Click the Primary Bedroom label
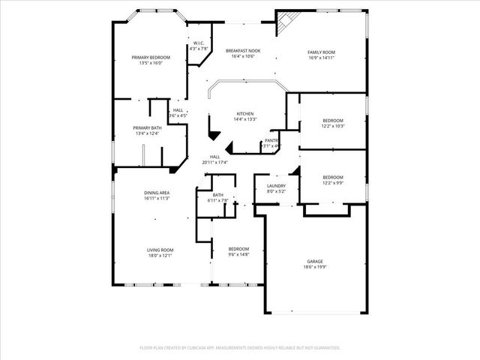[151, 58]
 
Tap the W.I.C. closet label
[198, 43]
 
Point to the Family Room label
[321, 52]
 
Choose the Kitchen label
[245, 114]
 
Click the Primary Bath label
[147, 128]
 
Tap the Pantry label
[271, 140]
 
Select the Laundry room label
[276, 185]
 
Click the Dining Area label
[157, 193]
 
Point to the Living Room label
[160, 250]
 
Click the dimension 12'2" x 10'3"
[333, 126]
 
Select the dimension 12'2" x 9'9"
[333, 182]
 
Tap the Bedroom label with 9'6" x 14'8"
[238, 249]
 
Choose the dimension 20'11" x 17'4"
[214, 162]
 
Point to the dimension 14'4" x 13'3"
[245, 119]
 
